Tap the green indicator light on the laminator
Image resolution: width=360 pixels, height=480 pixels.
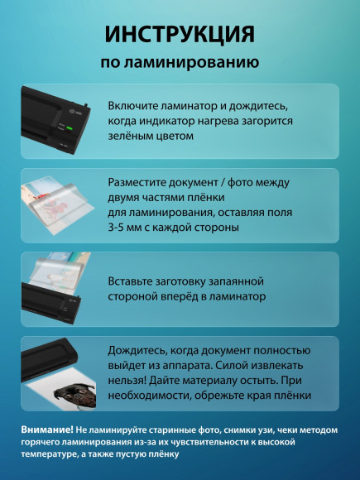coord(70,127)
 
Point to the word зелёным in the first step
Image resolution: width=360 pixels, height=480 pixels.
coord(133,136)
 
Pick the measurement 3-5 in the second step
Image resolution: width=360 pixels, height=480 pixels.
coord(121,227)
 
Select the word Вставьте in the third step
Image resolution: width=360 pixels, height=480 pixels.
coord(135,281)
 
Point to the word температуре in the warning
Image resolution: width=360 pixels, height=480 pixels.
coord(51,454)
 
